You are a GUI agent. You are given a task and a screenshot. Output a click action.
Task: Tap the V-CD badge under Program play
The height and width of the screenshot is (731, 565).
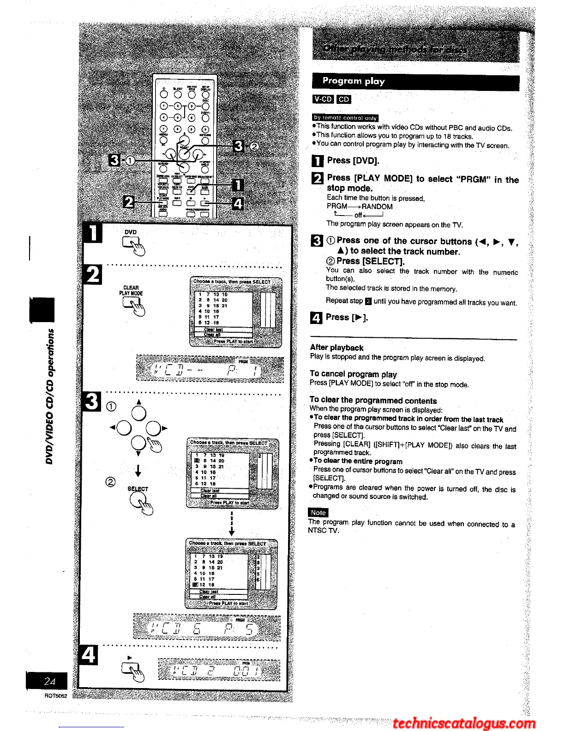click(x=323, y=99)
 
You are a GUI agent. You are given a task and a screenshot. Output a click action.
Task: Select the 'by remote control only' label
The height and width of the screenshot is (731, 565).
click(x=345, y=118)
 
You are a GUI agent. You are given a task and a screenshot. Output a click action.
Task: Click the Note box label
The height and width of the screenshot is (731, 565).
click(x=318, y=512)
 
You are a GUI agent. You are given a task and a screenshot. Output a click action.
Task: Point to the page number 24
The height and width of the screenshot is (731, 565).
click(x=49, y=681)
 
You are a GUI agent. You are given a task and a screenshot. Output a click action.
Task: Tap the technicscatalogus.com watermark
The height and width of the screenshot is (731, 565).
click(x=464, y=723)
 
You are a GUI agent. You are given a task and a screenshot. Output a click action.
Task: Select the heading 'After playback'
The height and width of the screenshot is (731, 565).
click(x=337, y=348)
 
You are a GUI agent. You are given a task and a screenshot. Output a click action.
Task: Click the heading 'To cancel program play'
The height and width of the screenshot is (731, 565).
click(x=353, y=374)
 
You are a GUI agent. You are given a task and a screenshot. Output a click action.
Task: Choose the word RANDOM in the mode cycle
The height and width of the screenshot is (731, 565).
click(x=377, y=207)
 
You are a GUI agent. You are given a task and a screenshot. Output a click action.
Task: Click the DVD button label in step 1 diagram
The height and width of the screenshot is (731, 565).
click(x=131, y=232)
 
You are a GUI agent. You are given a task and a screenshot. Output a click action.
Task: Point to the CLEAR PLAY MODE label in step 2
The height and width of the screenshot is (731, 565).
click(x=131, y=290)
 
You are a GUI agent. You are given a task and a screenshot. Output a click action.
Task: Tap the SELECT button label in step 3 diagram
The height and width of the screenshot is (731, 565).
click(x=138, y=489)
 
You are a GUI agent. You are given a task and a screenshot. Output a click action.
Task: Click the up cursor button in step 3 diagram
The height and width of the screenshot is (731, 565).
click(x=138, y=412)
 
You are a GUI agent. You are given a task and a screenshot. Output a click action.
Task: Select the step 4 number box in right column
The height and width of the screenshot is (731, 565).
click(x=317, y=318)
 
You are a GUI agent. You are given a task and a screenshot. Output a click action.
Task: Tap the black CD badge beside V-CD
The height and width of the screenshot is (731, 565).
click(x=344, y=99)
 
